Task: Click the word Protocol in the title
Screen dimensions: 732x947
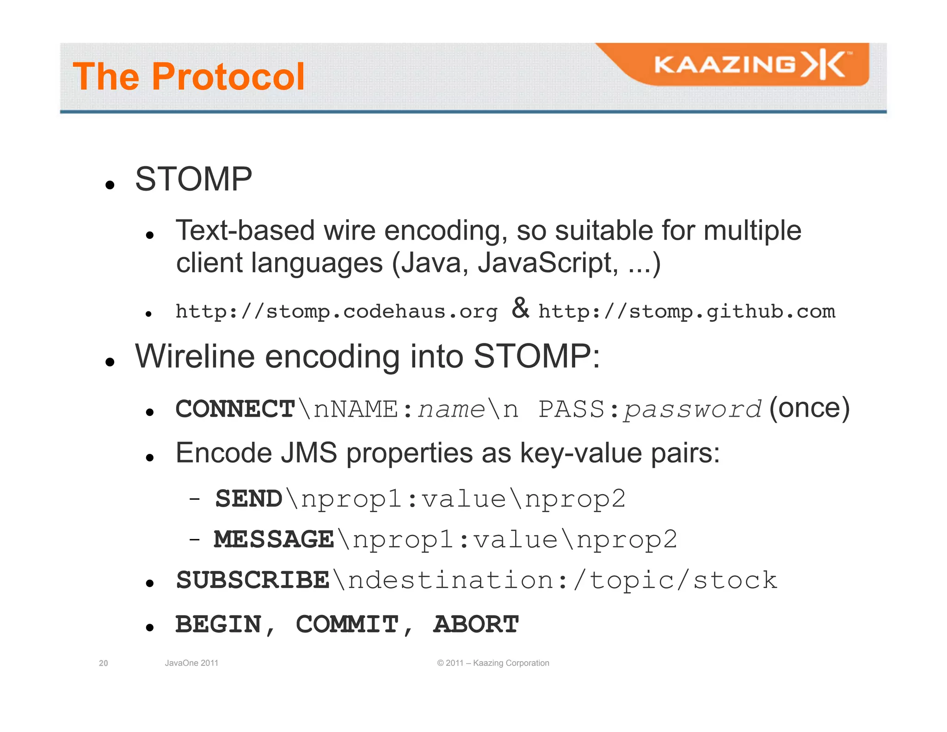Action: click(x=228, y=77)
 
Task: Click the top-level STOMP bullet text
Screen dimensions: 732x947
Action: click(x=193, y=179)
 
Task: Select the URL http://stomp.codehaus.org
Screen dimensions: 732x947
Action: click(x=336, y=311)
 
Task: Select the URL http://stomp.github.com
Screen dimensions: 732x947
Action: click(x=687, y=311)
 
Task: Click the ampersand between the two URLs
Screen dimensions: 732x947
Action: click(x=520, y=308)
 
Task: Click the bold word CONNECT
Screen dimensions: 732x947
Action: click(x=235, y=409)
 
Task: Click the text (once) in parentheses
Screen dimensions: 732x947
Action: click(x=809, y=408)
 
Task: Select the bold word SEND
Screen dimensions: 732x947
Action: click(x=249, y=499)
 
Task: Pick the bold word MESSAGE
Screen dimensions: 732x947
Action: click(x=274, y=540)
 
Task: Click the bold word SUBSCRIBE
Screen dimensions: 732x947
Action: click(x=252, y=580)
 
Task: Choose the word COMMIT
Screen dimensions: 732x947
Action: click(x=347, y=625)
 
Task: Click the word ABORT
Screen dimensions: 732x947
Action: click(x=476, y=625)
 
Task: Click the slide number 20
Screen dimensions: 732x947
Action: click(x=104, y=663)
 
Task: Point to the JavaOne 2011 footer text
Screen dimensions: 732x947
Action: click(x=191, y=663)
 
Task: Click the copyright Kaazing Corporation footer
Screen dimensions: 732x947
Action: click(x=493, y=663)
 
